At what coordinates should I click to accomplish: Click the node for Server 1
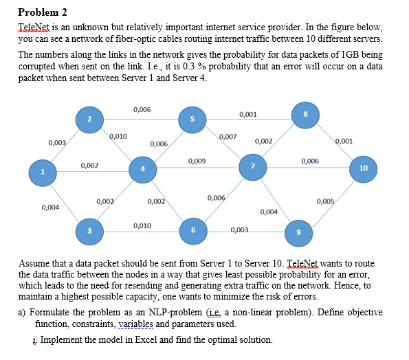click(x=43, y=172)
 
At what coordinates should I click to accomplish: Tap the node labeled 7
click(x=252, y=166)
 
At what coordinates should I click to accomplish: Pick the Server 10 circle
click(x=364, y=168)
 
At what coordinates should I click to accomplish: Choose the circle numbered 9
click(x=298, y=232)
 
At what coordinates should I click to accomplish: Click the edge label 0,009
click(x=196, y=161)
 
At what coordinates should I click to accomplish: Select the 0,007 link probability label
click(x=228, y=137)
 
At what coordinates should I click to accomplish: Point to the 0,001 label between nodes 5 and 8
click(x=248, y=113)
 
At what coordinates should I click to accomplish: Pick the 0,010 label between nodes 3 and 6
click(x=142, y=225)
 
